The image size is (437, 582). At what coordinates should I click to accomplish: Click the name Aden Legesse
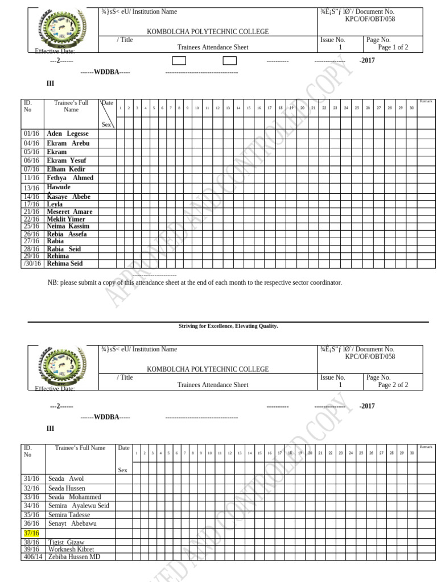tap(68, 134)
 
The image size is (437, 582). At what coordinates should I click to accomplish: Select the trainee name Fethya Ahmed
tap(70, 178)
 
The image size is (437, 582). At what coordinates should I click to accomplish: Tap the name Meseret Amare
tap(69, 211)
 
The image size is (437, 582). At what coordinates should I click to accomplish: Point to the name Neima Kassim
tap(68, 226)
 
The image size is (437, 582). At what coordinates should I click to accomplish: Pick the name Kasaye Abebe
tap(68, 197)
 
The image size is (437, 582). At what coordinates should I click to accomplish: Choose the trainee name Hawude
tap(59, 187)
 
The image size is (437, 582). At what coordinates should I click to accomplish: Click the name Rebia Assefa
tap(67, 234)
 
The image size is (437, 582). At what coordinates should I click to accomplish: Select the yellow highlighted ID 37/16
tap(31, 533)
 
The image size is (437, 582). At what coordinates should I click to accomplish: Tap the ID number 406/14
tap(32, 557)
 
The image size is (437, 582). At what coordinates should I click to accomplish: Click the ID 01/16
tap(31, 134)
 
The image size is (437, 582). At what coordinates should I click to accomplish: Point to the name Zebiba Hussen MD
tap(74, 557)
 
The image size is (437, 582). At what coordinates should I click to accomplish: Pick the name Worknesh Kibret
tap(71, 550)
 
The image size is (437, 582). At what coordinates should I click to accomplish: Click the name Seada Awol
tap(66, 479)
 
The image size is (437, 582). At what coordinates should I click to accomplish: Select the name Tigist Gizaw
tap(66, 542)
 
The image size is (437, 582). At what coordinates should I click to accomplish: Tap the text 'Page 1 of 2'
tap(393, 48)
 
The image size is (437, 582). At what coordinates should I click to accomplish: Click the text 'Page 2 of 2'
tap(393, 385)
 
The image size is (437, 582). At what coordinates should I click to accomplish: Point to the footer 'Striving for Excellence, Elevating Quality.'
tap(228, 326)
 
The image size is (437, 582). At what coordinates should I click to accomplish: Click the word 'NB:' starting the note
tap(53, 282)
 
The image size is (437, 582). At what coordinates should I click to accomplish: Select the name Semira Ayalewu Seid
tap(79, 506)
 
